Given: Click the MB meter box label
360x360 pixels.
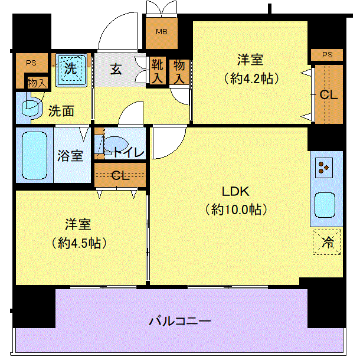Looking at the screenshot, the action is [x=162, y=32].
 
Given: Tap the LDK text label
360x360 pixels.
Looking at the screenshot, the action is [x=235, y=191].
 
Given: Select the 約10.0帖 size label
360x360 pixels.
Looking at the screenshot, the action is [x=236, y=210].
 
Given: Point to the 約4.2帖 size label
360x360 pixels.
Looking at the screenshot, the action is [x=251, y=78].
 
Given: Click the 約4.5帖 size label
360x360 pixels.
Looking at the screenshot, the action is [x=79, y=243].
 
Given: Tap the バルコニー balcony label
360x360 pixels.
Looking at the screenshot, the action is [x=180, y=321].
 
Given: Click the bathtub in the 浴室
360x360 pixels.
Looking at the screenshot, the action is [x=34, y=155].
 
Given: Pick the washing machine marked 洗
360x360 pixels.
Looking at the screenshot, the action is [x=71, y=70].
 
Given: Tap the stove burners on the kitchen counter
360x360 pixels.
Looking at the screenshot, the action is [x=324, y=168].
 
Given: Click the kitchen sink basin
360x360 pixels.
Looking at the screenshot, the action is [x=325, y=205].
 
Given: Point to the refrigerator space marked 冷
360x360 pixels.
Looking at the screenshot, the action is [x=327, y=242].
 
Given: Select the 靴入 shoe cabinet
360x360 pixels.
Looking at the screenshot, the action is [x=158, y=71].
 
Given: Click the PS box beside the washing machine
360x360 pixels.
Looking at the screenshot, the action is [x=31, y=67].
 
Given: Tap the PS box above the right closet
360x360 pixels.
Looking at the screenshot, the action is [x=327, y=55].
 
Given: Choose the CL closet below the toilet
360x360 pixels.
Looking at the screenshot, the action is [x=120, y=175].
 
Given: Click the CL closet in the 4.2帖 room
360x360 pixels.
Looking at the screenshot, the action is [x=329, y=94].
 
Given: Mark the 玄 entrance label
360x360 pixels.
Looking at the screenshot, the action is [x=116, y=69].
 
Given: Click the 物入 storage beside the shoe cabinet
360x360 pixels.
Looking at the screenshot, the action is [x=179, y=72].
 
